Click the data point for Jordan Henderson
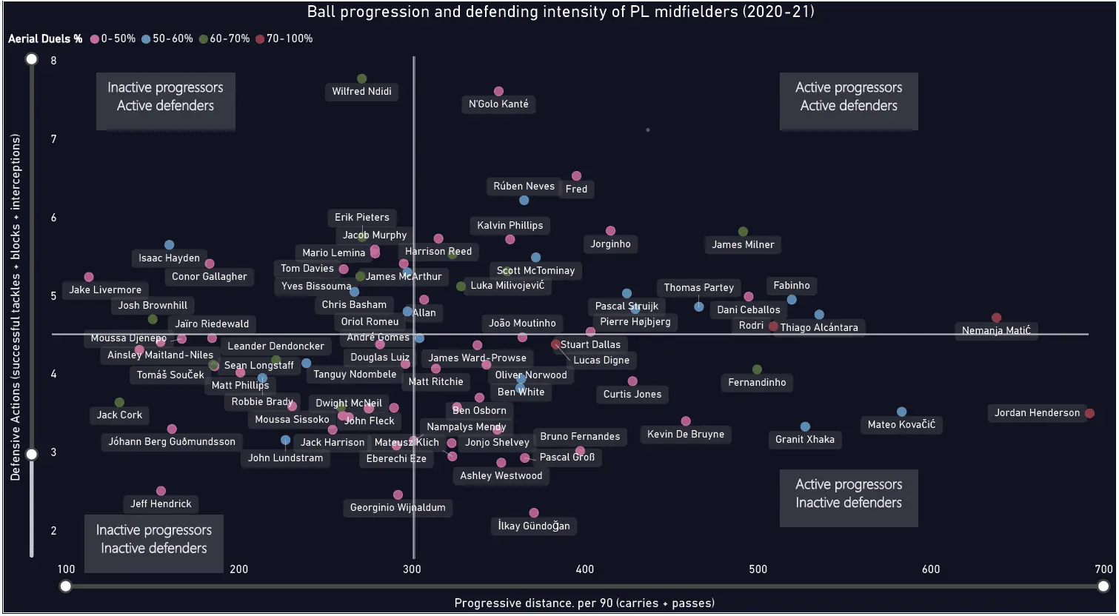[x=1089, y=413]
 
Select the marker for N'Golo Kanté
[x=498, y=91]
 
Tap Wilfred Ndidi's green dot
[x=361, y=78]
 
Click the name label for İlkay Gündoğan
[x=534, y=526]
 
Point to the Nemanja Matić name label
[x=996, y=330]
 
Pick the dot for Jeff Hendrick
[x=161, y=491]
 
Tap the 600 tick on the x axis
[x=931, y=569]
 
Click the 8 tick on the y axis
[x=53, y=61]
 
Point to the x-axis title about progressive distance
[x=584, y=603]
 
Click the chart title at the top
[x=561, y=11]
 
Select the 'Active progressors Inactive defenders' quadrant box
[x=849, y=494]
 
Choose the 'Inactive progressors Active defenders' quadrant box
[x=165, y=97]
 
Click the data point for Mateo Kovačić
[x=901, y=412]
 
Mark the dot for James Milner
[x=743, y=232]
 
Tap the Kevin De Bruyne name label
[x=686, y=434]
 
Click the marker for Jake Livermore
[x=89, y=277]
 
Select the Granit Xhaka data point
[x=805, y=426]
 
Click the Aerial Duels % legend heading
[x=45, y=38]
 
